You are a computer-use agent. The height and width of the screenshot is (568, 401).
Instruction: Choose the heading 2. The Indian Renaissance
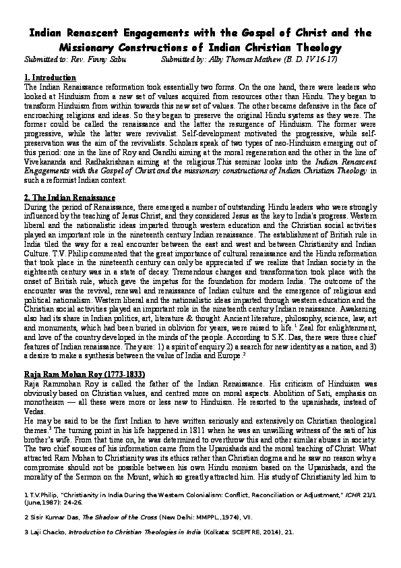[x=69, y=197]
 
